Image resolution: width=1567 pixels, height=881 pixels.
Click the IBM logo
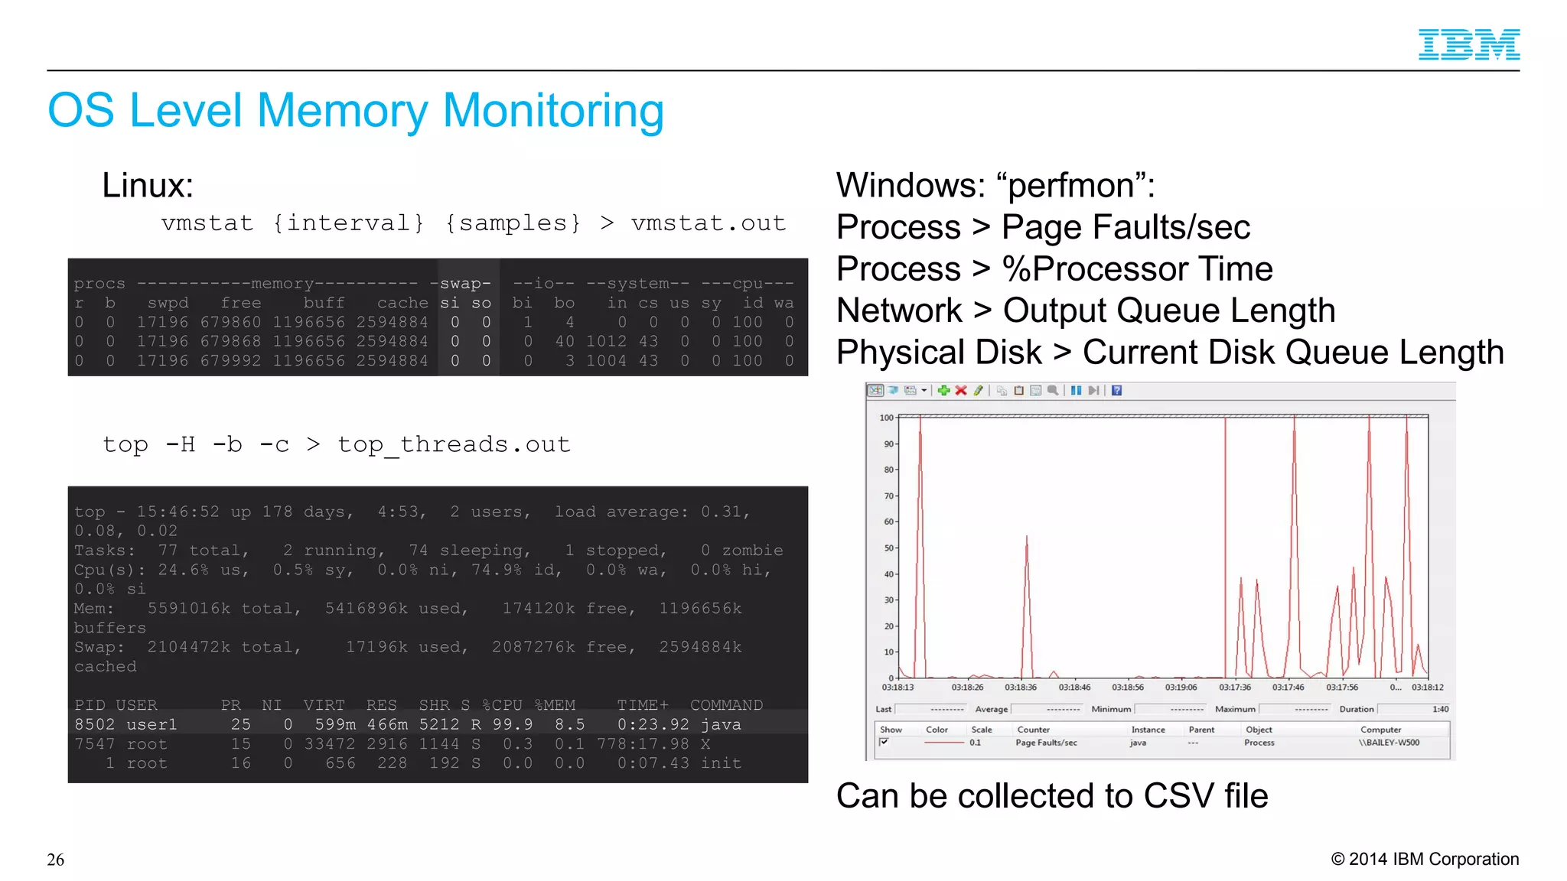pos(1468,44)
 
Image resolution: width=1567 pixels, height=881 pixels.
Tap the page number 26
pos(55,860)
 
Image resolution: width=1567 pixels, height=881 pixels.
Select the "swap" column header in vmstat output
pos(465,284)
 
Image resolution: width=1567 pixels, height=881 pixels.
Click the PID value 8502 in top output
pos(94,724)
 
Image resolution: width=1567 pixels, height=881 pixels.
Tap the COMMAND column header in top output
pos(726,705)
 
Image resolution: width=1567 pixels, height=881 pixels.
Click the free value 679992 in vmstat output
pos(230,361)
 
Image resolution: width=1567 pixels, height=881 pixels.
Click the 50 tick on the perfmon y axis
pos(889,548)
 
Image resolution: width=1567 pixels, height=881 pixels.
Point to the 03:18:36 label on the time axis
pos(1021,688)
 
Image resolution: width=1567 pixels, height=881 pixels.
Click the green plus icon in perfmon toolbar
pos(943,391)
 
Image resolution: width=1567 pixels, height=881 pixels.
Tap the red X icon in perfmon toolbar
pos(961,391)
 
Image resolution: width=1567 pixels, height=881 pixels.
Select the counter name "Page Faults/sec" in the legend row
pos(1046,743)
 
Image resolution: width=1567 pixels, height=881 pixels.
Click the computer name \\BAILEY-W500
pos(1389,743)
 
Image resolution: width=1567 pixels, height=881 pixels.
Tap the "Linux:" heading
pos(148,186)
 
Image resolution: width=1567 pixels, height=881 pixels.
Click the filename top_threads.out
pos(454,445)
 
